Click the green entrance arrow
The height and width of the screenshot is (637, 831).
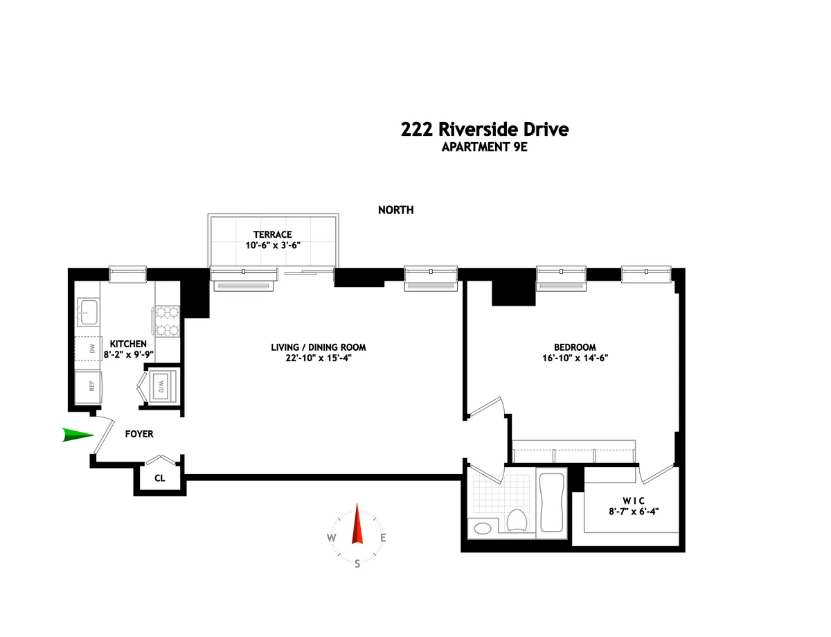click(x=77, y=435)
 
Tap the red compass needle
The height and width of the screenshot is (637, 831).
click(x=357, y=524)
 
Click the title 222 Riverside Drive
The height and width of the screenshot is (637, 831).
click(x=484, y=130)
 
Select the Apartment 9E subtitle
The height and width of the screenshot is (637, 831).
click(x=484, y=147)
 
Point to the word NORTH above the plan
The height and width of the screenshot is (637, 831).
click(x=395, y=210)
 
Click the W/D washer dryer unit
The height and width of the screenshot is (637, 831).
click(x=161, y=385)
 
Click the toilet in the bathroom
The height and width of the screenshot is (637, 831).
click(x=517, y=520)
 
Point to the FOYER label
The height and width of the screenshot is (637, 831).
click(x=138, y=435)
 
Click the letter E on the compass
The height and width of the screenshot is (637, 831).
click(x=383, y=538)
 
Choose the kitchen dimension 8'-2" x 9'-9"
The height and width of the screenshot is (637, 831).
click(x=127, y=354)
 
